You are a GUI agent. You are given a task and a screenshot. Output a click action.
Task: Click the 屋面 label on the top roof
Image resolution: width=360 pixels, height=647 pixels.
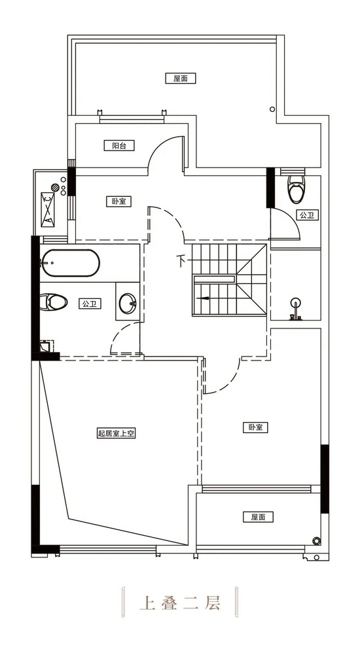point(181,78)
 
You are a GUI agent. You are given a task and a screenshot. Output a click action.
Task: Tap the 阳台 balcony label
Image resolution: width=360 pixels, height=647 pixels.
point(119,145)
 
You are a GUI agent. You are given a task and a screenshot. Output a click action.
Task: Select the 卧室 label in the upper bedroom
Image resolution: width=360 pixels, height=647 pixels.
point(119,201)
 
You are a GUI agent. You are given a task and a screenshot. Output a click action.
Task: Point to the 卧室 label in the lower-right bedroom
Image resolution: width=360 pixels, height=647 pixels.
point(255,427)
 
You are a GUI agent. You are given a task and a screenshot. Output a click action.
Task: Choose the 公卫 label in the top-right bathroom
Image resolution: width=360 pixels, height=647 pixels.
point(308,215)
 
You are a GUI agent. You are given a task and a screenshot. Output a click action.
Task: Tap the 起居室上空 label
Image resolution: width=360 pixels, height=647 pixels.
point(117,433)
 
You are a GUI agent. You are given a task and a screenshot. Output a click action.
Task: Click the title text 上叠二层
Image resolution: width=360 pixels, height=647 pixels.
point(180,603)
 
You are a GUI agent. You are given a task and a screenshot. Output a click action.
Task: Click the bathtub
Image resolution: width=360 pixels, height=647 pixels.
point(70,263)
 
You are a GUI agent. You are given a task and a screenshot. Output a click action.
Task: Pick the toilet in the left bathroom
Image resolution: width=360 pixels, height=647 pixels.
point(54,302)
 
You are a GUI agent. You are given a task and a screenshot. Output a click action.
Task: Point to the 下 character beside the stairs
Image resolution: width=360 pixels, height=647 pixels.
point(181,261)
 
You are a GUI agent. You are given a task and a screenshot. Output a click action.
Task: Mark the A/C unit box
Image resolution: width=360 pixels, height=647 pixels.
point(48,209)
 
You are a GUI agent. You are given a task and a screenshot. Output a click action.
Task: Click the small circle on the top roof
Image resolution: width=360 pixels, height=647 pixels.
point(272,109)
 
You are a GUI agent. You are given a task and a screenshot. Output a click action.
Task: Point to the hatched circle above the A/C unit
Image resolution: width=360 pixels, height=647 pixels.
point(55,187)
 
